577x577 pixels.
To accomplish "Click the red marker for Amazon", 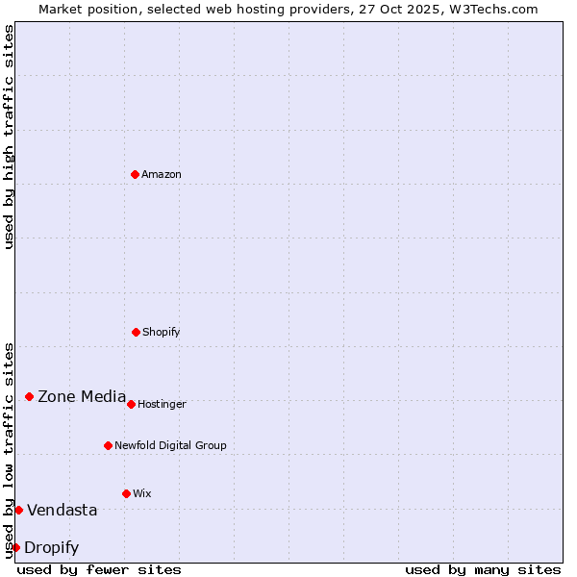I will [135, 174].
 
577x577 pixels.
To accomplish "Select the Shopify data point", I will [136, 332].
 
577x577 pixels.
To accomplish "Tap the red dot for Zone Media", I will [29, 396].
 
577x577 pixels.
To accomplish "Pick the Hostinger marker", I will [131, 404].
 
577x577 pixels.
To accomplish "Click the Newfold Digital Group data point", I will [108, 445].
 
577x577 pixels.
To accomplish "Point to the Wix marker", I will [126, 493].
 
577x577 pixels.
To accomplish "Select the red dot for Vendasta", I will [18, 510].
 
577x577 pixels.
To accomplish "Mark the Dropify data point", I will [15, 547].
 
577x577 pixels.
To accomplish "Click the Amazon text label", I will [162, 174].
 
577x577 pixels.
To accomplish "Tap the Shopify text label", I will [162, 332].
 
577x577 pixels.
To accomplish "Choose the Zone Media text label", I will [82, 396].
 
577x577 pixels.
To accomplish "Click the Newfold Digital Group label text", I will [170, 445].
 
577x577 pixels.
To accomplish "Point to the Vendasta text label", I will [62, 510].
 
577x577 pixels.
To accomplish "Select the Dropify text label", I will [51, 547].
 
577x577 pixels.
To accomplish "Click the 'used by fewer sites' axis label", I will [99, 569].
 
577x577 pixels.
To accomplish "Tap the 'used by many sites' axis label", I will [483, 569].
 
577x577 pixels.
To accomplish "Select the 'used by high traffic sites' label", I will [9, 137].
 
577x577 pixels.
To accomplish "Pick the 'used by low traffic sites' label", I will [9, 450].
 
